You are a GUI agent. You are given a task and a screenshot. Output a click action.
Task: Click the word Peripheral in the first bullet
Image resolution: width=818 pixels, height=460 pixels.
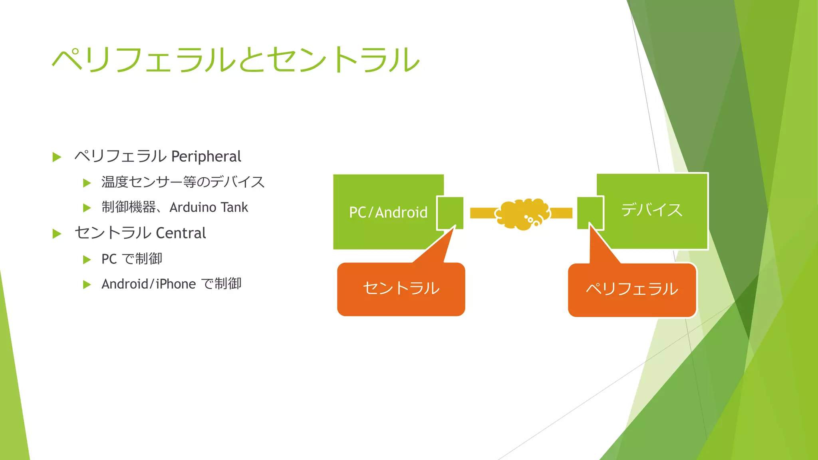(206, 156)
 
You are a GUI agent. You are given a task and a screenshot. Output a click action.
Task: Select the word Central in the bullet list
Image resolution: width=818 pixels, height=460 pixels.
(181, 233)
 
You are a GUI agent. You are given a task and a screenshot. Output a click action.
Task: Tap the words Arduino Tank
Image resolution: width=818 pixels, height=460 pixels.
(208, 207)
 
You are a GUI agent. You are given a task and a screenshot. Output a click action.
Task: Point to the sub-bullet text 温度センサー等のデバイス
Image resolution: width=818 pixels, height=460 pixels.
(183, 182)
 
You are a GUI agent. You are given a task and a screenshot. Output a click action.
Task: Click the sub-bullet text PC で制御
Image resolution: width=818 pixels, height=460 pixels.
(132, 259)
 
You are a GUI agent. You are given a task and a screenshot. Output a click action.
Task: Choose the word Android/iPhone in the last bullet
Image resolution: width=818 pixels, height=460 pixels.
(149, 284)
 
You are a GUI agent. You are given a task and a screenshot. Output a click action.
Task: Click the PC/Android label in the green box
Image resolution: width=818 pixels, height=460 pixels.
(388, 212)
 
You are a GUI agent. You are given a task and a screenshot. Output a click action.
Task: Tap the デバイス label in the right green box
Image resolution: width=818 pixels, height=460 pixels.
(651, 210)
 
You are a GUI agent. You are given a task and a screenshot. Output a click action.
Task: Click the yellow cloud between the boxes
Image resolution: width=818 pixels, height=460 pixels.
(522, 214)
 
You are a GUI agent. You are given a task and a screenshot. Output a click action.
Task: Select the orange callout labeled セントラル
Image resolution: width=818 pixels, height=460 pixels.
(401, 289)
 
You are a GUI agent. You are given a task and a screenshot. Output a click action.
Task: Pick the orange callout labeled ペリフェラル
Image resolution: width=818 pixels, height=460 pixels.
(632, 289)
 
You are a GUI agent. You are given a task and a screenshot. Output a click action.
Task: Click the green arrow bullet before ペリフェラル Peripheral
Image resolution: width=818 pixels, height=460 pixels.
(57, 157)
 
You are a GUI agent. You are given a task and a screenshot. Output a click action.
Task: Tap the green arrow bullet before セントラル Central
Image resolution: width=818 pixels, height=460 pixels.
(57, 234)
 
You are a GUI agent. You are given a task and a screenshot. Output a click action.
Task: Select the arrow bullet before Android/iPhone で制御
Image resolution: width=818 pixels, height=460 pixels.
(87, 285)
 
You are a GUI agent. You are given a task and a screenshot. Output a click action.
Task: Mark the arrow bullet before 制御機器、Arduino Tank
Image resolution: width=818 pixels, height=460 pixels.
(87, 208)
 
